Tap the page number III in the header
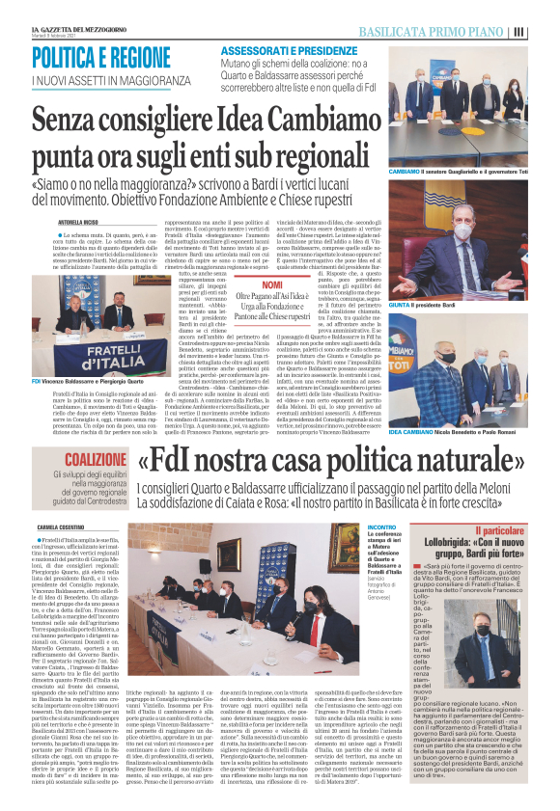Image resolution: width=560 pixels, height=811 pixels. [x=547, y=31]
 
